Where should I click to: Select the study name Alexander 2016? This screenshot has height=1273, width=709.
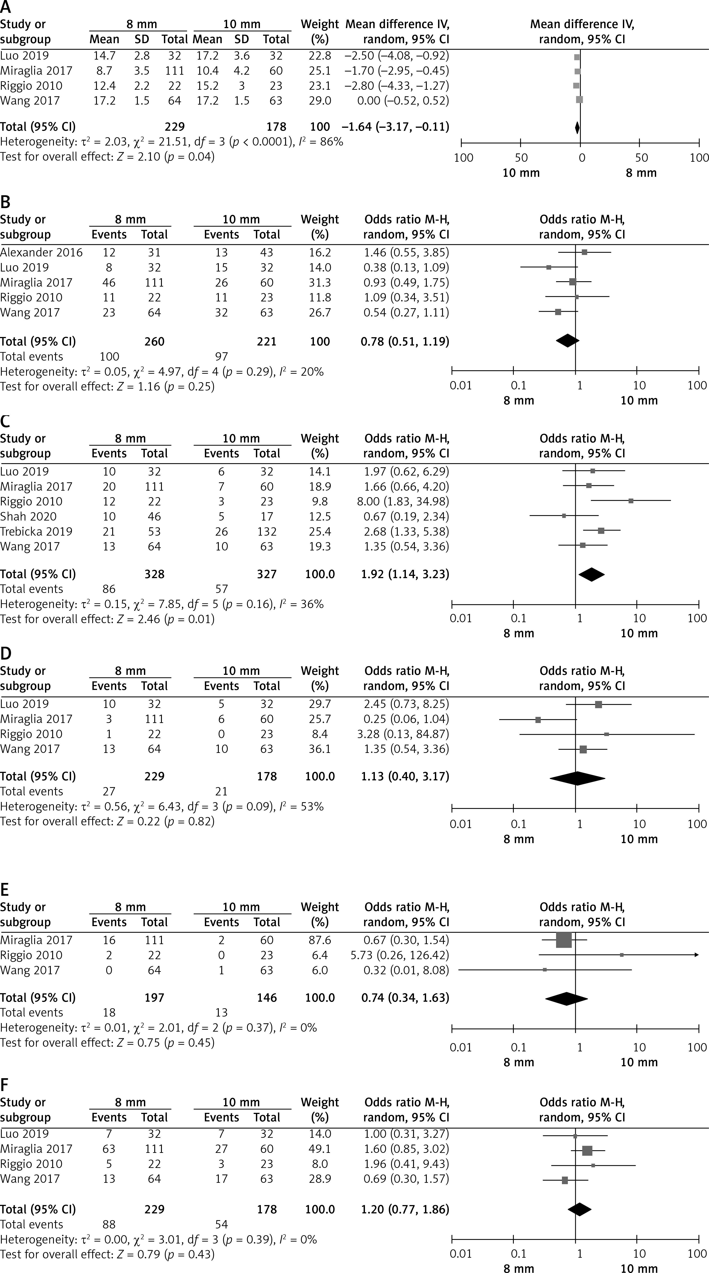[42, 253]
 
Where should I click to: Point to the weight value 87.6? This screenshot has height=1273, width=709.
[320, 940]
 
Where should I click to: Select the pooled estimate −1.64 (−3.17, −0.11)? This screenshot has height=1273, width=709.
[395, 127]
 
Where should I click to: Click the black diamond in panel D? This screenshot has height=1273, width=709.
[577, 778]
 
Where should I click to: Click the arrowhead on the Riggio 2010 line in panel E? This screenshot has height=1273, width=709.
[697, 955]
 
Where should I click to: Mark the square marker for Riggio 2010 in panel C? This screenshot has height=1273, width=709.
[631, 501]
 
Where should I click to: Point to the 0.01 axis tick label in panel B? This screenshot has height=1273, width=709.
[461, 386]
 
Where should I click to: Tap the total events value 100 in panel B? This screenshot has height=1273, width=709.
[109, 357]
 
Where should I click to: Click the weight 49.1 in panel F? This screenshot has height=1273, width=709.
[320, 1149]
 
